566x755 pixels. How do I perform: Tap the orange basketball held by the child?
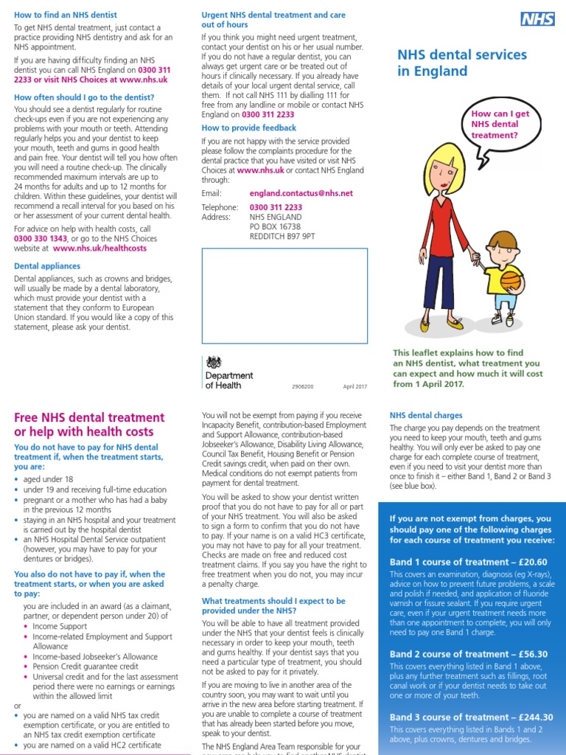coord(510,281)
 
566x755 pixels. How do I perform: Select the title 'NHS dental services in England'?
coord(462,63)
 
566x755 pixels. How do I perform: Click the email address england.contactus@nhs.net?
coord(301,193)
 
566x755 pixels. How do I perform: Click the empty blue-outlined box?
coord(284,296)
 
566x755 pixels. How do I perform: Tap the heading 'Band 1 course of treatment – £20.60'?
coord(468,562)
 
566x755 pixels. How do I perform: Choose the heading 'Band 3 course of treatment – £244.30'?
coord(470,717)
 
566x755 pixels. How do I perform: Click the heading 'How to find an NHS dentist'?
coord(66,15)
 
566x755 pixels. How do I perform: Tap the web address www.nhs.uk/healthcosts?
coord(99,248)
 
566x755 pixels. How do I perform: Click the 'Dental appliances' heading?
coord(48,266)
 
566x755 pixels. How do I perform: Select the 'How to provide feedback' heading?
coord(248,128)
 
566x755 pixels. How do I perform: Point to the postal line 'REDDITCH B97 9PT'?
coord(282,237)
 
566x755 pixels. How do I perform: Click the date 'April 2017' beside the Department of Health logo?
coord(354,386)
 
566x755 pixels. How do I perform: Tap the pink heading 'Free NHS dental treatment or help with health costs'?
coord(89,425)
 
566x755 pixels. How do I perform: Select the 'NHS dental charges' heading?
coord(425,416)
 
